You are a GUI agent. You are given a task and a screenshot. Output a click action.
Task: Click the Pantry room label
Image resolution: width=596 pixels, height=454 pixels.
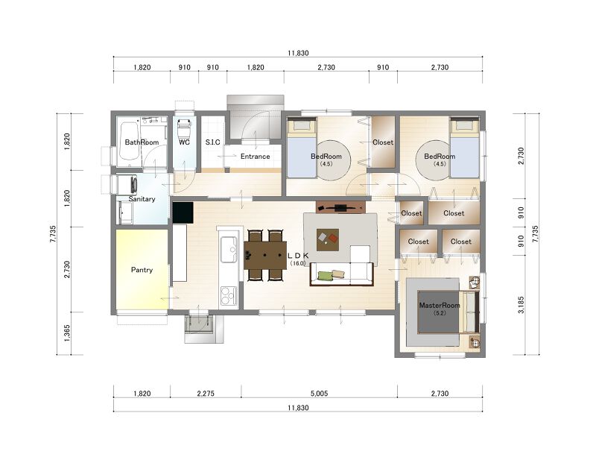pos(142,270)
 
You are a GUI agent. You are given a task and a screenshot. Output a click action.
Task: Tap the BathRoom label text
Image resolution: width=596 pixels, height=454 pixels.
pos(142,142)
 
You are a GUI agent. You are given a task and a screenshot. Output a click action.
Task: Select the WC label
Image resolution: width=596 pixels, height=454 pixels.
pos(184,142)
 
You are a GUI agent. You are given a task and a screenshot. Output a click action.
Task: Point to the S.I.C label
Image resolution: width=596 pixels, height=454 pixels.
pos(212,142)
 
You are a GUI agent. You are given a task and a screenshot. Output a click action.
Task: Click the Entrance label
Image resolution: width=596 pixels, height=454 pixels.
pos(255,157)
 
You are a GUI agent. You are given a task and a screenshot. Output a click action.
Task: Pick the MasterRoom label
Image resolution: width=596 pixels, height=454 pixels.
pos(440,305)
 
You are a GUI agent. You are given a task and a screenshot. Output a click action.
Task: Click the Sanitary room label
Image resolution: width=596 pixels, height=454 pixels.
pos(142,199)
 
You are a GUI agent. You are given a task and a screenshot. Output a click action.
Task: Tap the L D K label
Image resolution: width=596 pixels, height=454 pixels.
pos(299,256)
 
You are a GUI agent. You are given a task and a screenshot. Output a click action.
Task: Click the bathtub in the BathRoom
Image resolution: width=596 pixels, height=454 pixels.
pos(128,141)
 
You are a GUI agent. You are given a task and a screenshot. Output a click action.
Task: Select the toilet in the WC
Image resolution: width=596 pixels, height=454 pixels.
pos(184,128)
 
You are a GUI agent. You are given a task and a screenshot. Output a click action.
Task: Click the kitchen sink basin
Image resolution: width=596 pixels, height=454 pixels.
pos(229,249)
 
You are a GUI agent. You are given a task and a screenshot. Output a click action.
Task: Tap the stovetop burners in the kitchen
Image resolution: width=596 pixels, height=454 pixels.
pos(229,295)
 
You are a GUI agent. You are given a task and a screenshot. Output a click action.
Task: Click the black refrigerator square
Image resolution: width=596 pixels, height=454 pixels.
pos(183,212)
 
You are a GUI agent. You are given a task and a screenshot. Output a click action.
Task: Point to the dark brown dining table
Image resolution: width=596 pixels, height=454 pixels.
pos(266,255)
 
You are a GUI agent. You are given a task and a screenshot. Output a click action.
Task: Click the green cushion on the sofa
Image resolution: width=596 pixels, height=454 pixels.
pos(325,276)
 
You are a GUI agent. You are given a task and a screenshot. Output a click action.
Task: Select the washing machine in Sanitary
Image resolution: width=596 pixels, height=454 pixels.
pos(127,185)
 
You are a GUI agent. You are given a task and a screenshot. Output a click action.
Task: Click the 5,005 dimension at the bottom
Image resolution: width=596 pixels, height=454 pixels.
pos(319,394)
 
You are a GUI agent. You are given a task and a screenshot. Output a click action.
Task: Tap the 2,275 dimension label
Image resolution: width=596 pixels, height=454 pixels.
pos(206,394)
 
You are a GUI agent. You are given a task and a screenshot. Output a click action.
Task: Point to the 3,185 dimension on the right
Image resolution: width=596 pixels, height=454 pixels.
pos(521,305)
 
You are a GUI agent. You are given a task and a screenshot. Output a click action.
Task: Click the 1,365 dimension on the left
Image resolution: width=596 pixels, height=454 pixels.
pos(67,333)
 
